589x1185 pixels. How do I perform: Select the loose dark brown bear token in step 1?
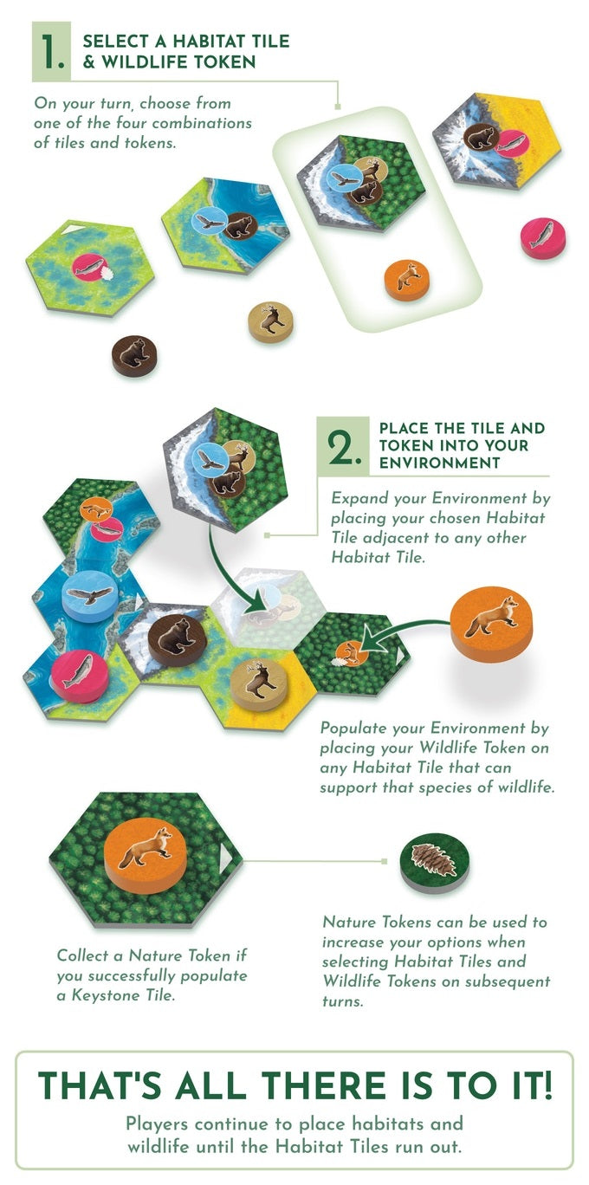(x=134, y=355)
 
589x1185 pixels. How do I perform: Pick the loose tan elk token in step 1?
(x=270, y=321)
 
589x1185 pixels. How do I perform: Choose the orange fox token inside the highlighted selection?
(x=407, y=280)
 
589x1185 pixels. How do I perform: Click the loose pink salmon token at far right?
(x=543, y=237)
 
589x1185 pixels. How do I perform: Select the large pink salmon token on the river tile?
(x=80, y=675)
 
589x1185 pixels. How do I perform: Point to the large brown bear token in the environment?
(x=177, y=640)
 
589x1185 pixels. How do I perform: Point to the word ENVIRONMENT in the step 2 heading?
(x=439, y=463)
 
